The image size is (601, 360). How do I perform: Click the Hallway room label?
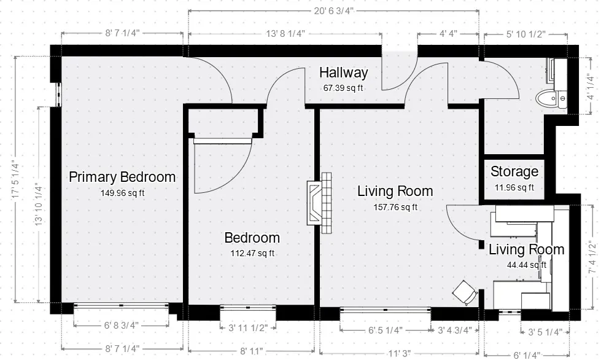(343, 73)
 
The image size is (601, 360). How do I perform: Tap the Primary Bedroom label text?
(122, 178)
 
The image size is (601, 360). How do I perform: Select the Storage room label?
(514, 172)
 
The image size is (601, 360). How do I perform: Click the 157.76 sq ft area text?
(395, 207)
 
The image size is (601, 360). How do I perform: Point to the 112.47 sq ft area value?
(252, 253)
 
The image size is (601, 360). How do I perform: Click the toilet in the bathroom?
(548, 98)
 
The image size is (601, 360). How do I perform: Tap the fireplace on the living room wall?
(320, 202)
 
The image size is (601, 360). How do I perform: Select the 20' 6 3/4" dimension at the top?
(334, 11)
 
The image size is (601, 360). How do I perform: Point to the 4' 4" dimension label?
(448, 34)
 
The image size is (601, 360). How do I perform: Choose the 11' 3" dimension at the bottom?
(399, 353)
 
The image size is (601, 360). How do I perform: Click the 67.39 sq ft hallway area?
(343, 88)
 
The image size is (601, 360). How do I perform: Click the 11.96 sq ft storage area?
(514, 187)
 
